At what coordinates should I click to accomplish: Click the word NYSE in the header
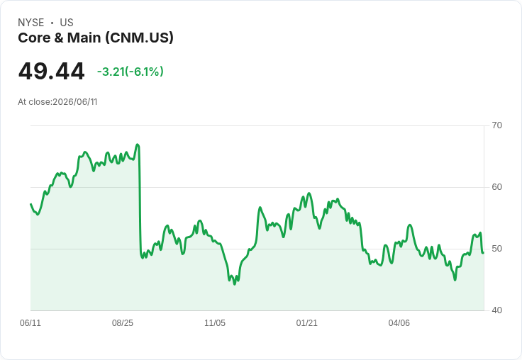coord(31,23)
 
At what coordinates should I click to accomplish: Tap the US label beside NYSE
coord(67,23)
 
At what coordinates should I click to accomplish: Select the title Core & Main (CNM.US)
coord(96,38)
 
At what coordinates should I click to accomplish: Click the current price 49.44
coord(51,71)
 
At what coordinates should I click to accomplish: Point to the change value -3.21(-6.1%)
coord(130,72)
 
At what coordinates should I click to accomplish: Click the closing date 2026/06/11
coord(75,102)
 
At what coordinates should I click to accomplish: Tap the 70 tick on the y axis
coord(496,125)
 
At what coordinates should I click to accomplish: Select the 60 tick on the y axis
coord(496,187)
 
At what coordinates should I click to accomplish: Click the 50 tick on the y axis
coord(496,249)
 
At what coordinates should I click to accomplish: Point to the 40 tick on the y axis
coord(496,310)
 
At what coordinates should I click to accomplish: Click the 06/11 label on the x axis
coord(30,323)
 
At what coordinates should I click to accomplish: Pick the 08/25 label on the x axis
coord(123,323)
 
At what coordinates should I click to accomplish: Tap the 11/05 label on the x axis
coord(215,323)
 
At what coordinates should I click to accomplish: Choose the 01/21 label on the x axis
coord(307,323)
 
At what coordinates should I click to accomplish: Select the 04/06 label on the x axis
coord(399,323)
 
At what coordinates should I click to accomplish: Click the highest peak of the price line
coord(137,145)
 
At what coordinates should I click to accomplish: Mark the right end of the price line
coord(484,253)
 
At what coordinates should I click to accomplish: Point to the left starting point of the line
coord(30,204)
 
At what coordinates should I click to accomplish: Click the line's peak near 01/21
coord(309,193)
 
